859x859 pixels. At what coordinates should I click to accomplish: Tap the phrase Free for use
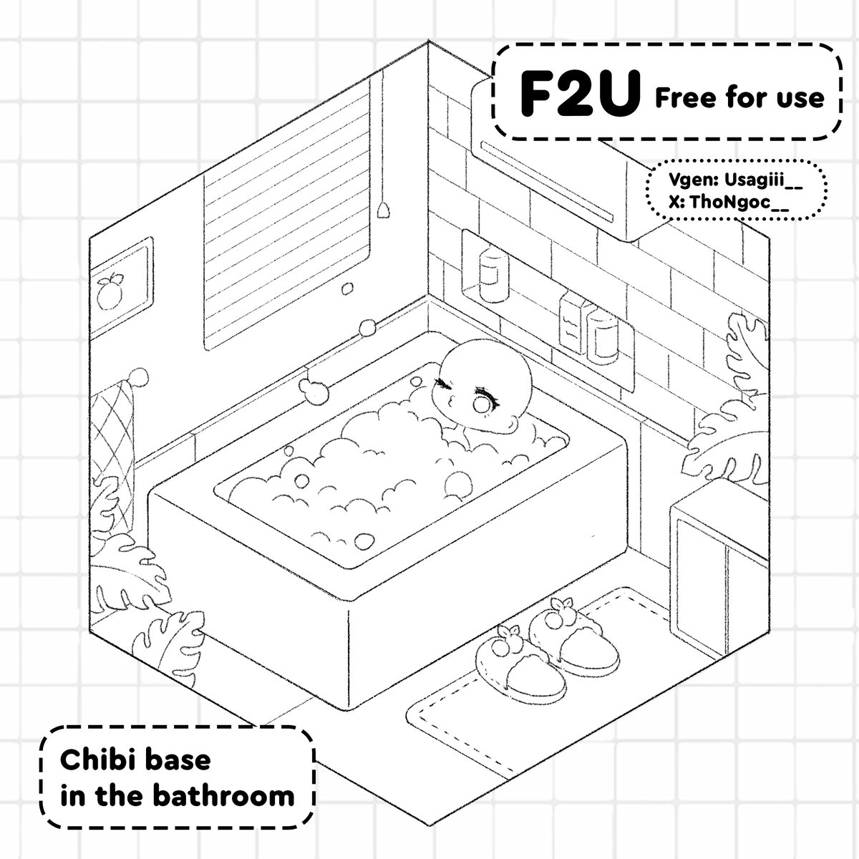[x=739, y=97]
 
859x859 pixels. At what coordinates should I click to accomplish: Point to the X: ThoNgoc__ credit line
[x=729, y=203]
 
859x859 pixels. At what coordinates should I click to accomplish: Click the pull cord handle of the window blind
[x=385, y=208]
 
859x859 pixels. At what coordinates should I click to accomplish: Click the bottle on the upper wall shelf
[x=490, y=272]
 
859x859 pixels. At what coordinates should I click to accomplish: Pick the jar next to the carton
[x=603, y=334]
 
